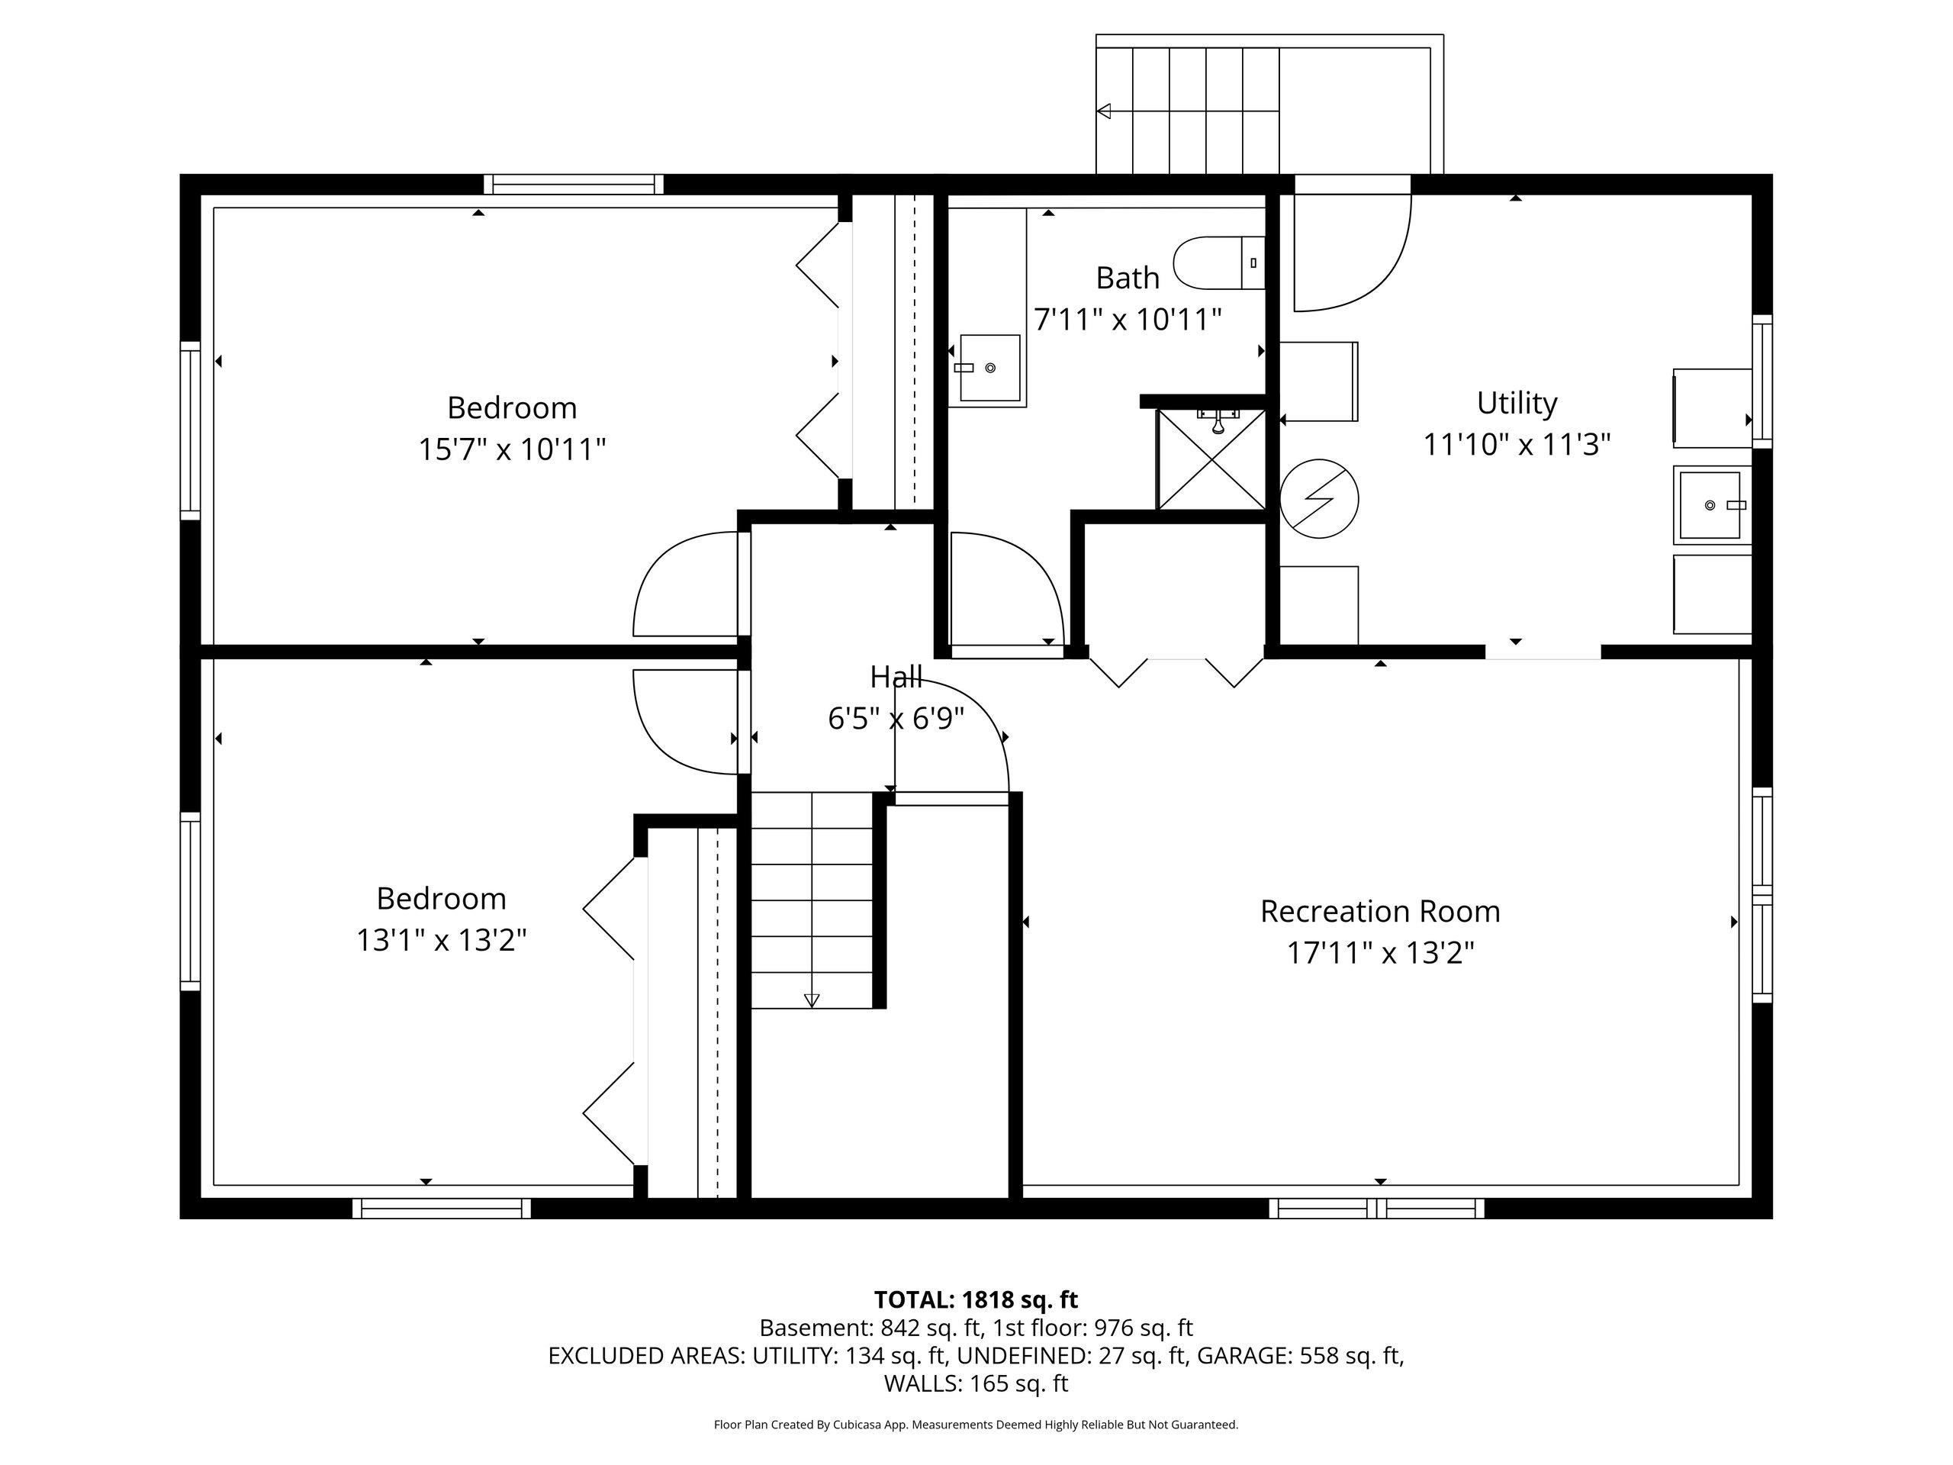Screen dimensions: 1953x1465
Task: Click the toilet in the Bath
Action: [1219, 263]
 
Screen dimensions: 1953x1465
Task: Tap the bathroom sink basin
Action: [989, 369]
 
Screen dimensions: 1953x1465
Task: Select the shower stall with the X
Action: [1211, 459]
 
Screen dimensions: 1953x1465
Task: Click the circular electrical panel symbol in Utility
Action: [1319, 499]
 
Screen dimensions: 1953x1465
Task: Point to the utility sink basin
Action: [1710, 505]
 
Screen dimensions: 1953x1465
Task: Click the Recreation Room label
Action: [1380, 911]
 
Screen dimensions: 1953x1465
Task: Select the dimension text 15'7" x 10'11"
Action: [512, 449]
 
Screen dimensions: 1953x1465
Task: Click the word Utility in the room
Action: [1517, 404]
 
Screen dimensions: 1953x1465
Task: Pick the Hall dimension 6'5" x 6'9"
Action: [896, 719]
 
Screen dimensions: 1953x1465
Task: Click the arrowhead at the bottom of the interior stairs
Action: [812, 1000]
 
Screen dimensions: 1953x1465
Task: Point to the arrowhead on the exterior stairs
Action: [1104, 111]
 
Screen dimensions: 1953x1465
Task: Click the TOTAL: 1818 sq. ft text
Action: [976, 1300]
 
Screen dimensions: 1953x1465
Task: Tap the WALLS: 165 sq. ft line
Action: [976, 1383]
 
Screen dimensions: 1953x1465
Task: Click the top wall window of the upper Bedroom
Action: [574, 184]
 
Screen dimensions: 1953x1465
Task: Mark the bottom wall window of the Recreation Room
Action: [1377, 1208]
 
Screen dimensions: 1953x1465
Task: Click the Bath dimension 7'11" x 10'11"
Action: [1128, 319]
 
